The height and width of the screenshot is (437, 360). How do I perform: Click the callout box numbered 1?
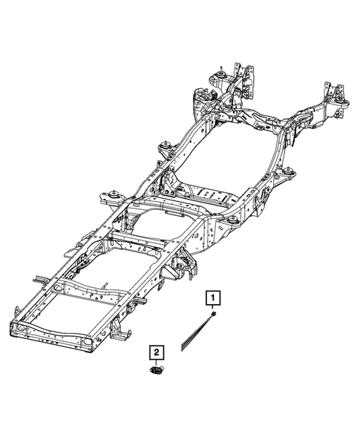click(214, 299)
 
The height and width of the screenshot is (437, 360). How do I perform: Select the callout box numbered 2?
click(157, 352)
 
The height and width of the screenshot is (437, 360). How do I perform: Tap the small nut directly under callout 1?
click(214, 315)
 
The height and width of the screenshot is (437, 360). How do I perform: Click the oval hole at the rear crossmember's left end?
click(23, 327)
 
